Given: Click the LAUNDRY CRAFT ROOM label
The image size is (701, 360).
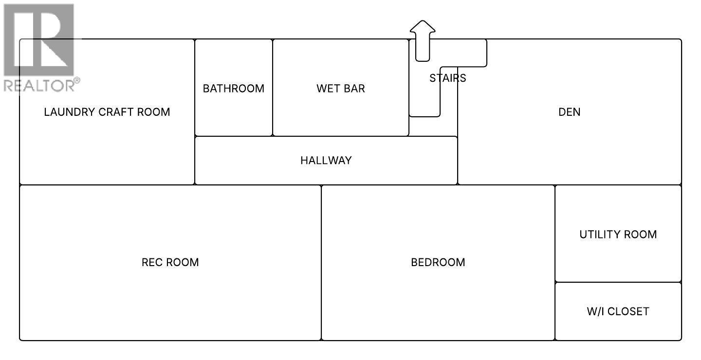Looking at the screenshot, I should [x=107, y=112].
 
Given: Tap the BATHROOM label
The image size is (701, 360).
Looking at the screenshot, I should [x=234, y=89].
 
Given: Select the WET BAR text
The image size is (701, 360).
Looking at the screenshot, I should [x=341, y=89].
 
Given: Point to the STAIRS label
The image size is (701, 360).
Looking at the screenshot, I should [x=448, y=78].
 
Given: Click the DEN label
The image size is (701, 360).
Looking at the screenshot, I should [x=570, y=112].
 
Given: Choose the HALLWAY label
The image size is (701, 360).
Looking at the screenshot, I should [x=326, y=161].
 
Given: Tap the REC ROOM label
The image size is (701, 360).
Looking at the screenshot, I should [x=170, y=262].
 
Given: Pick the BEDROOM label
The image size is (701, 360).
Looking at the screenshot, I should [x=438, y=262].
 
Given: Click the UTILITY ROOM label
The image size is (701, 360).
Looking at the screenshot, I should [x=618, y=234].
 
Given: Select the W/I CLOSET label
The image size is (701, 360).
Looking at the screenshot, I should [x=618, y=311].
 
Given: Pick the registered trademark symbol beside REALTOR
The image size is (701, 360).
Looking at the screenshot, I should [x=77, y=80].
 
